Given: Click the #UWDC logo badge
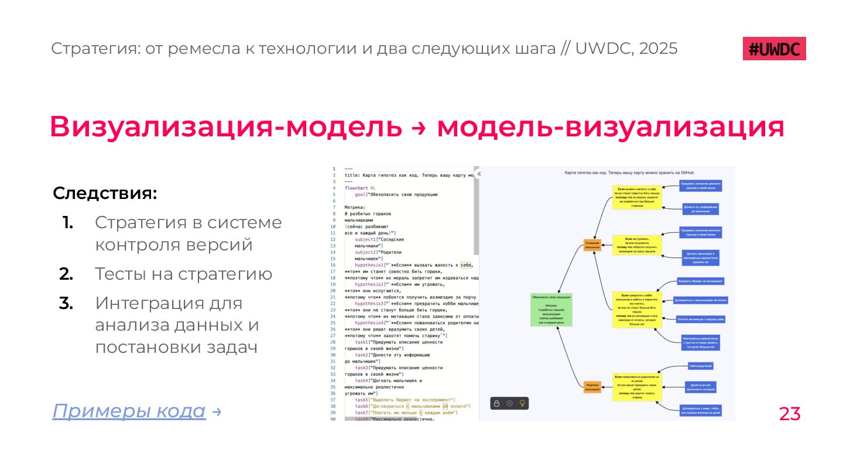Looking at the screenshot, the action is (774, 49).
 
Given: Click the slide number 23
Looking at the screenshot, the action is (789, 414).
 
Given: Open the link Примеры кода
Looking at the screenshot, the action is (129, 411).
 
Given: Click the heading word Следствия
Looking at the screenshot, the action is (105, 193).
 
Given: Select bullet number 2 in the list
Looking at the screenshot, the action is (66, 274).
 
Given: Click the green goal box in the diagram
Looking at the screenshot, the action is (551, 310).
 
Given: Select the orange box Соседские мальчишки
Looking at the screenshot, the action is (592, 245).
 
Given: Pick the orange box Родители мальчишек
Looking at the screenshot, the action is (592, 387).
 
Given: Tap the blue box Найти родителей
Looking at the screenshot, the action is (700, 366).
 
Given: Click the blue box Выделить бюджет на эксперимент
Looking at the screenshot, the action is (701, 281).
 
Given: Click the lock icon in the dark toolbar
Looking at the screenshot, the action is (496, 403).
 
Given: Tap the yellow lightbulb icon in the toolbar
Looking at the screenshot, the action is (522, 403).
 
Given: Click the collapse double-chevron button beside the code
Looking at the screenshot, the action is (479, 174).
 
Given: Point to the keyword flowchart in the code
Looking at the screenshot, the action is (357, 188).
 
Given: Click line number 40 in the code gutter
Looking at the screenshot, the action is (333, 419).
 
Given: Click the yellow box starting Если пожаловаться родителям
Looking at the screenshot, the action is (637, 387).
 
